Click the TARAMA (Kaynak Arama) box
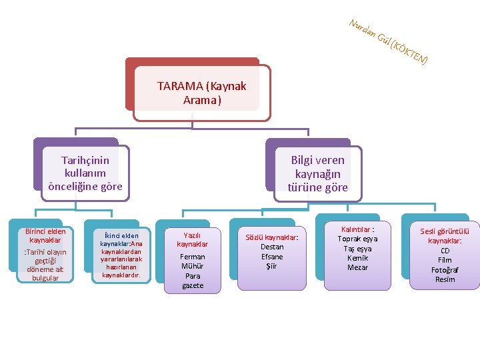(x=201, y=93)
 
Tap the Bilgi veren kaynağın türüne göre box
(x=317, y=173)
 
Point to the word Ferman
(x=193, y=257)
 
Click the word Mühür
(x=193, y=266)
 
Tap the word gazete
(x=193, y=285)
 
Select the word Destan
(x=272, y=247)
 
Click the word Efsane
(x=272, y=257)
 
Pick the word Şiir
(x=272, y=266)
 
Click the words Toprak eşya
(x=357, y=239)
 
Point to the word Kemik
(x=357, y=258)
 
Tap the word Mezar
(x=357, y=267)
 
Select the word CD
(x=445, y=251)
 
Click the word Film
(x=445, y=260)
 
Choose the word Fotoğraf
(x=445, y=270)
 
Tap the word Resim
(x=445, y=279)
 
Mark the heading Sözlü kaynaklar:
(x=272, y=237)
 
